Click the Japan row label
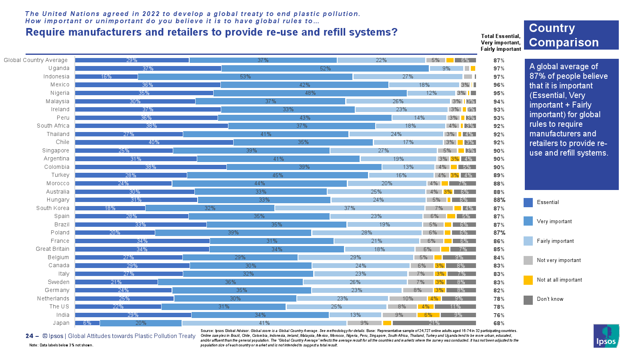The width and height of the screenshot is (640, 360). tap(61, 323)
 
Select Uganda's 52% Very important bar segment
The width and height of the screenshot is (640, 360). tap(325, 68)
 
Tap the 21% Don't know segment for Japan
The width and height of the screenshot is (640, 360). tap(434, 323)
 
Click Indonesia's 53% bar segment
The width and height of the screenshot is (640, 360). tap(245, 76)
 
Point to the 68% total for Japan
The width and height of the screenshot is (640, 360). tap(499, 323)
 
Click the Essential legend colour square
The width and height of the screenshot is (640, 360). tap(528, 202)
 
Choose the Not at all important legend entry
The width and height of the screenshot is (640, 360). tap(559, 280)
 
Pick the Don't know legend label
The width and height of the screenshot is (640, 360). tap(550, 299)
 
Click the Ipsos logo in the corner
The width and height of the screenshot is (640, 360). tap(606, 336)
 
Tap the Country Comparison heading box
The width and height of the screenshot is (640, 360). tap(571, 35)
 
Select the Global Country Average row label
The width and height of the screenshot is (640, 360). tap(36, 60)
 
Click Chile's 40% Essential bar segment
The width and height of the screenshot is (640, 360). tap(154, 142)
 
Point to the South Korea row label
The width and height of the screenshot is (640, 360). tap(52, 208)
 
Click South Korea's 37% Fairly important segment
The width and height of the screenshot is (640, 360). tap(349, 208)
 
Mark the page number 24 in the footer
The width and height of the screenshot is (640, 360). tap(29, 336)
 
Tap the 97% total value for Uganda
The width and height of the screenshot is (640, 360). tap(499, 68)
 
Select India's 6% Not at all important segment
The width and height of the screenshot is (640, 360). tap(428, 315)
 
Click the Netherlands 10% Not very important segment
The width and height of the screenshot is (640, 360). tap(408, 299)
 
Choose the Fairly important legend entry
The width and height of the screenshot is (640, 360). tap(555, 241)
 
